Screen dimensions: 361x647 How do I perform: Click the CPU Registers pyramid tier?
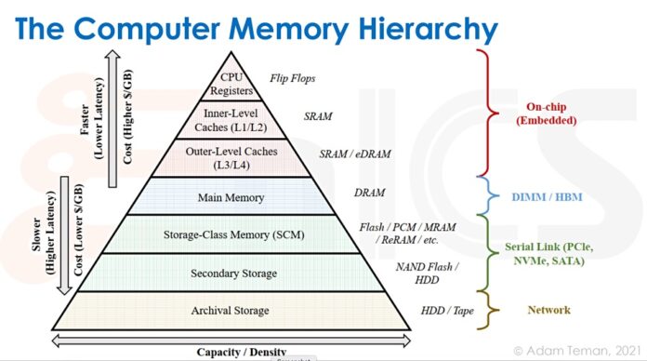[x=231, y=83]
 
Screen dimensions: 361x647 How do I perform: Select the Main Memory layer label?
[x=231, y=197]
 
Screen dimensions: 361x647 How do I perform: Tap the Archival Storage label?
[x=232, y=310]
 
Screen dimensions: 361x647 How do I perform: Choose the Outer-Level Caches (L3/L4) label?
[x=231, y=157]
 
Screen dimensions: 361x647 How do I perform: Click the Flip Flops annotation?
[x=290, y=79]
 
